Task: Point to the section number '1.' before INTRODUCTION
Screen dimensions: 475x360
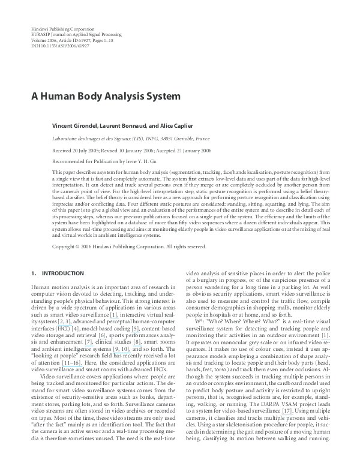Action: tap(34, 273)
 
